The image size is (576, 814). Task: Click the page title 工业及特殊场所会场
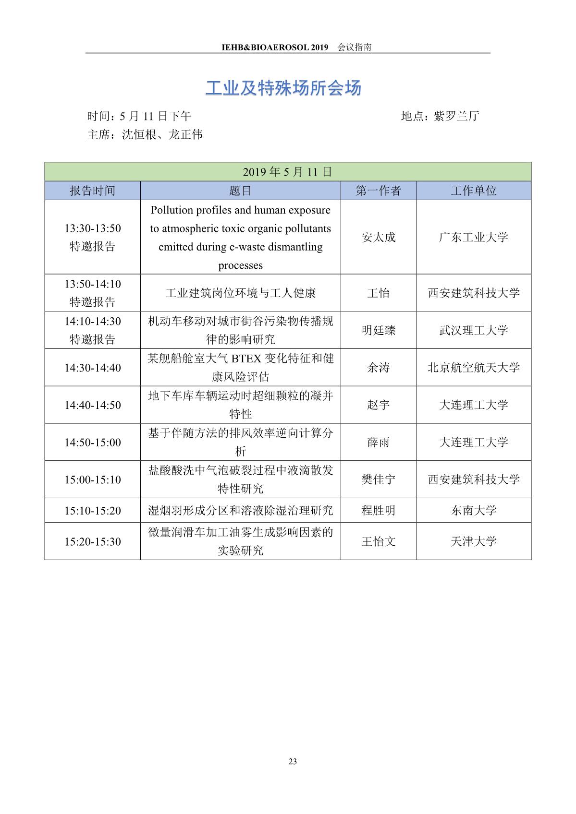click(283, 88)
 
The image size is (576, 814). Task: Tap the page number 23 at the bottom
click(293, 761)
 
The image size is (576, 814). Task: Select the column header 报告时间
click(92, 191)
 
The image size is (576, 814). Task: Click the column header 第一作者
click(378, 191)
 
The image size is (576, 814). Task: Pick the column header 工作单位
click(473, 191)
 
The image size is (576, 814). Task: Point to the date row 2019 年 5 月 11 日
click(287, 172)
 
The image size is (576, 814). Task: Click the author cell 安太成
click(378, 237)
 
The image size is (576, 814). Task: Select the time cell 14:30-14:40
click(93, 368)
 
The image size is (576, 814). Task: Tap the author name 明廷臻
click(378, 330)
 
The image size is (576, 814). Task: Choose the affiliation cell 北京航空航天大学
click(473, 368)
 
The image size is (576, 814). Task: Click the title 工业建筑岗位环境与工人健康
click(240, 293)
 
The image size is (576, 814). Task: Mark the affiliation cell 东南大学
click(473, 510)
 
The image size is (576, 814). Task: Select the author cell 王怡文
click(378, 541)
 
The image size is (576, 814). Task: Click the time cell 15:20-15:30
click(93, 541)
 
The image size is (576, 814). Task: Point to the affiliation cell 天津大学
click(473, 541)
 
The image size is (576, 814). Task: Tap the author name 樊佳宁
click(378, 479)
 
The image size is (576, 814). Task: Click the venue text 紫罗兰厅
click(456, 116)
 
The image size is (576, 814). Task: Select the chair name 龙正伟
click(185, 134)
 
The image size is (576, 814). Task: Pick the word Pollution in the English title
click(171, 210)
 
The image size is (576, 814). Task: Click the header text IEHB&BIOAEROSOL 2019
click(275, 47)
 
